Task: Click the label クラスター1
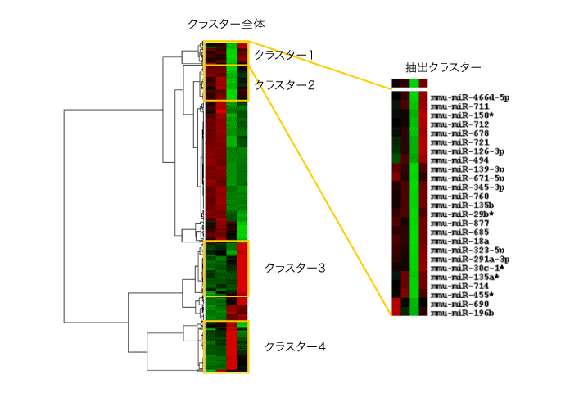[x=284, y=55]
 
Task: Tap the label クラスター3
[x=295, y=268]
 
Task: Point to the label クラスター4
[x=295, y=346]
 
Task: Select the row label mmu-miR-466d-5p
[x=470, y=97]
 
